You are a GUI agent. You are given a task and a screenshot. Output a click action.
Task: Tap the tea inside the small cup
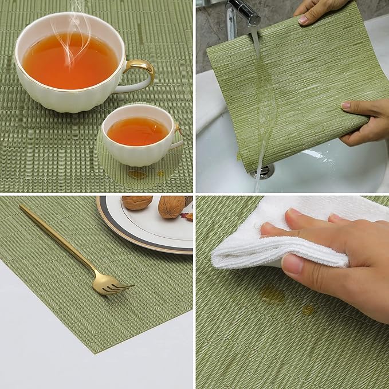137,131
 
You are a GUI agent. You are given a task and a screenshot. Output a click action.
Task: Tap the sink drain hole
264,171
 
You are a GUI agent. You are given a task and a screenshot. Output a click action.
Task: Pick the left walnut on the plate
137,202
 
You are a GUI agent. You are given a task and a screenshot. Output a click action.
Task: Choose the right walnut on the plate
171,207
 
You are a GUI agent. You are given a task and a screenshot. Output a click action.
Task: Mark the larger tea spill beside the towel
273,293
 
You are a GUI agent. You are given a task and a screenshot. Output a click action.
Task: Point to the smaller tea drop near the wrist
308,310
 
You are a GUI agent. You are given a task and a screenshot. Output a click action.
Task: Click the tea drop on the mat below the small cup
137,174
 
